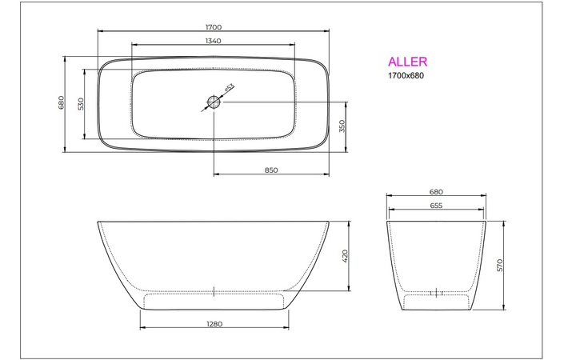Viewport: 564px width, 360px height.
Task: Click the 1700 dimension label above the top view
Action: (x=213, y=26)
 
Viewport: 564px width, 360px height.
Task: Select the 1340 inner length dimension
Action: (x=213, y=40)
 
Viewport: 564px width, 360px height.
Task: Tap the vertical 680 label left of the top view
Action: (x=61, y=102)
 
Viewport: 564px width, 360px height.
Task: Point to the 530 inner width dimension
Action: (x=81, y=104)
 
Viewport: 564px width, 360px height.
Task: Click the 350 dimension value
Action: (x=341, y=126)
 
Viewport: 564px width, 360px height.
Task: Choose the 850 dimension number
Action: (x=270, y=170)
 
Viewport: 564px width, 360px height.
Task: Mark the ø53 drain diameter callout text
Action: (x=228, y=89)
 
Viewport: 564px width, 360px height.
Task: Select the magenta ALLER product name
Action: (x=407, y=62)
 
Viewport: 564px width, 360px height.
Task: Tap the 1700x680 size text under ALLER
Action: (x=406, y=76)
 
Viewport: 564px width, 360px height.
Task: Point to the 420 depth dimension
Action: (x=346, y=256)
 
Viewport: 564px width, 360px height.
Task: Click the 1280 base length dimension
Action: (x=214, y=324)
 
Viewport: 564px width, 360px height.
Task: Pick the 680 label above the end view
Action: (x=436, y=192)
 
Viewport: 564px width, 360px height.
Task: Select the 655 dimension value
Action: (x=436, y=206)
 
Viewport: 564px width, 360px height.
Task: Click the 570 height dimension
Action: (x=499, y=265)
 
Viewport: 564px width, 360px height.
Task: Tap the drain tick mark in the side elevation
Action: (x=214, y=291)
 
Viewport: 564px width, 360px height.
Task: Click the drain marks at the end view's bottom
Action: (x=436, y=292)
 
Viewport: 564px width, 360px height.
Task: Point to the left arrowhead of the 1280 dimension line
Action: (x=142, y=329)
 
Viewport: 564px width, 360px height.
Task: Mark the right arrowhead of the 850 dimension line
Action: (x=327, y=174)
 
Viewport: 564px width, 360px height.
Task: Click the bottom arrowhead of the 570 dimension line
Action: (x=504, y=308)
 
